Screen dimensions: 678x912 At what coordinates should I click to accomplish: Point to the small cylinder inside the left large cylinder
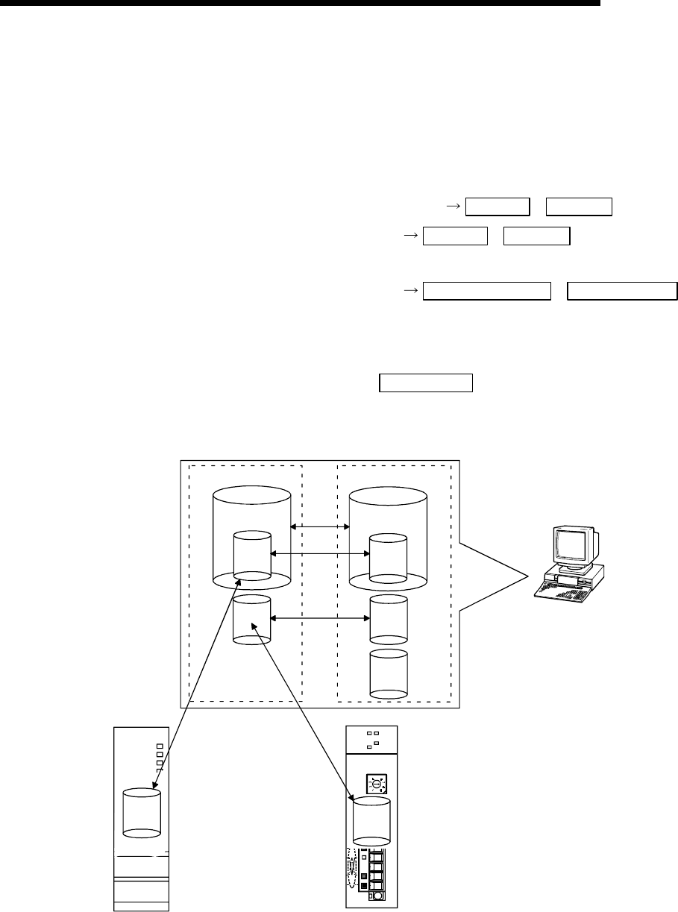click(251, 556)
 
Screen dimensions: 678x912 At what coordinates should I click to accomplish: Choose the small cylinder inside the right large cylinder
click(389, 559)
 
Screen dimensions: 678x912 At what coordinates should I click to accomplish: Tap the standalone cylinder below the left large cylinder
click(251, 620)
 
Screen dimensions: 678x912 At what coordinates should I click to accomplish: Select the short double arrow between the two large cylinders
click(320, 527)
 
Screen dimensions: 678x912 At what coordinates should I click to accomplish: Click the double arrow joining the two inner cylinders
click(320, 553)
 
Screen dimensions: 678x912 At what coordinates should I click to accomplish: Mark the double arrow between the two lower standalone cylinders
click(320, 617)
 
